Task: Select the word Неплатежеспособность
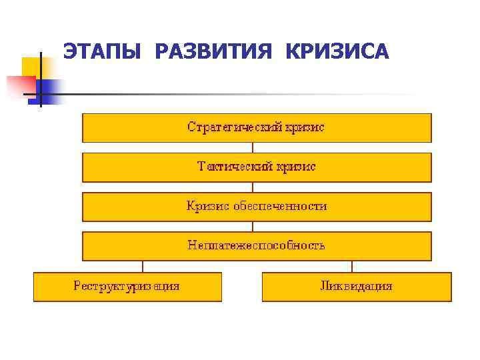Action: pos(256,245)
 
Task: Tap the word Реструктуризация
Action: pos(127,286)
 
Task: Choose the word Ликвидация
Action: pos(356,286)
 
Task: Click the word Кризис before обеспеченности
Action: pos(207,206)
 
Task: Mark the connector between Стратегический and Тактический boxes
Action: pos(257,147)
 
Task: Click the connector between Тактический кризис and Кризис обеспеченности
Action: pos(257,187)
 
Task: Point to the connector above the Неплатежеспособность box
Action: pos(257,226)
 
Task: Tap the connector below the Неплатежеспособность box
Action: pos(257,266)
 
